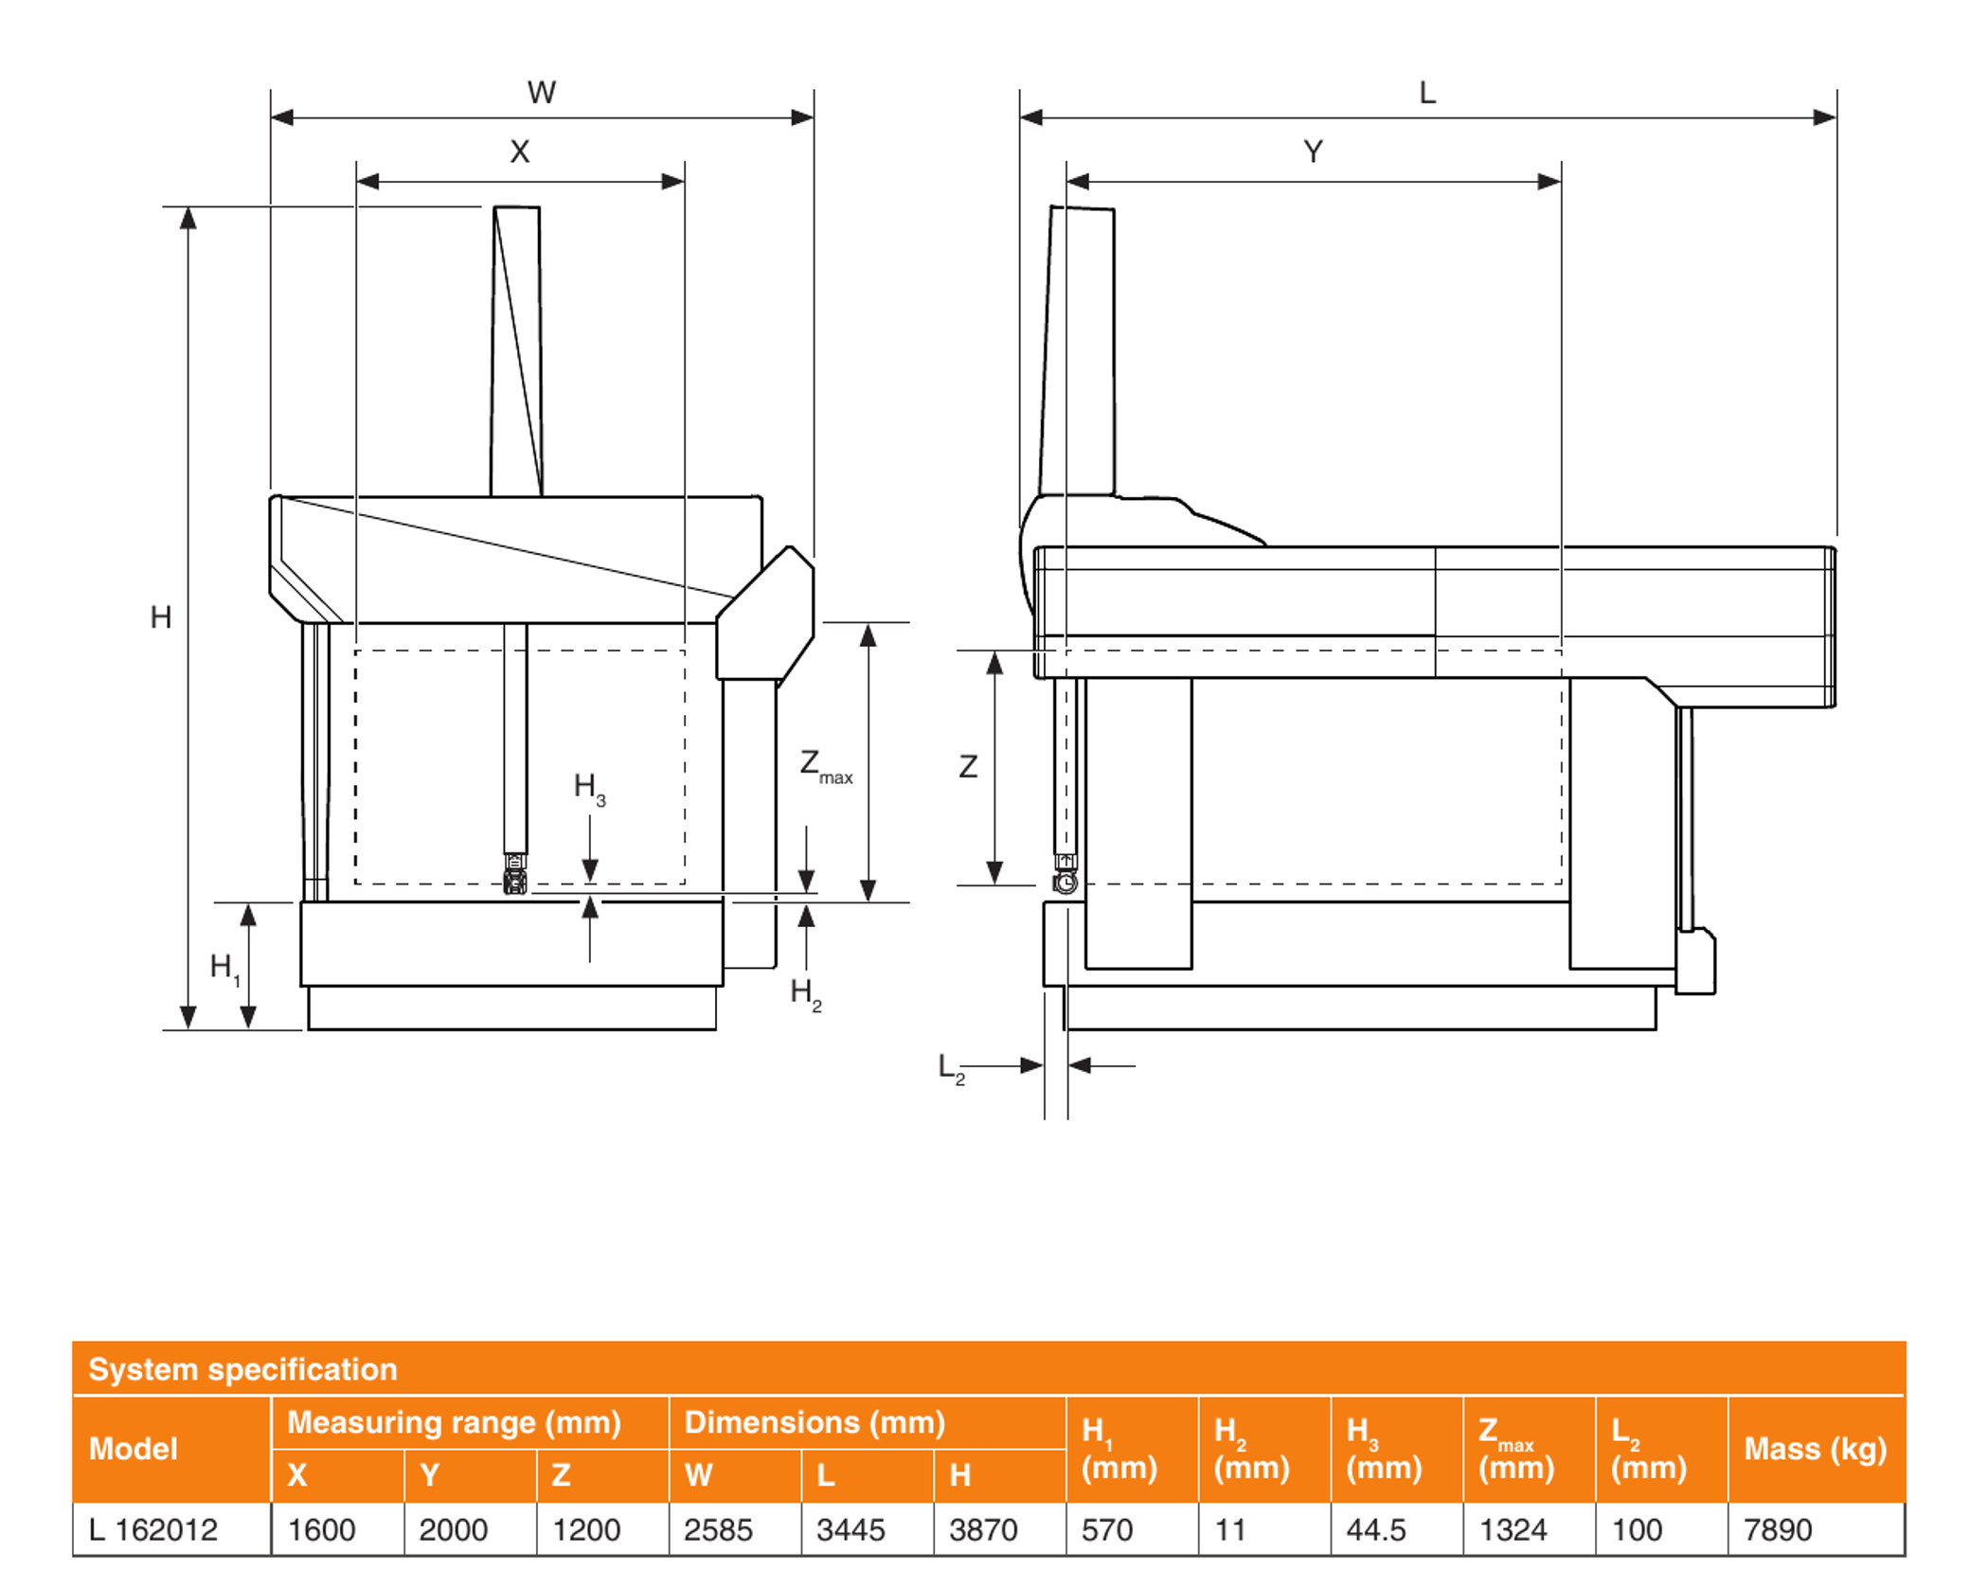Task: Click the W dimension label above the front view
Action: point(542,93)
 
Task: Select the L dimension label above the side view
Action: point(1427,93)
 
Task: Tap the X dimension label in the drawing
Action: point(520,152)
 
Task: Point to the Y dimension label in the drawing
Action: point(1313,152)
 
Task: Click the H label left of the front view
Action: point(161,617)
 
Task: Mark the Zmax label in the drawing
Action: point(826,766)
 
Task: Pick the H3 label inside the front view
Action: point(589,789)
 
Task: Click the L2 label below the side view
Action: point(951,1069)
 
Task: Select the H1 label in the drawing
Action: point(224,969)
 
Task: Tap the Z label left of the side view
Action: point(968,766)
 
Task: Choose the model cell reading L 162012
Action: point(153,1529)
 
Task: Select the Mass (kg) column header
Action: point(1816,1449)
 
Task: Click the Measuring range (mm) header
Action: point(454,1422)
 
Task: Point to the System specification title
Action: point(242,1369)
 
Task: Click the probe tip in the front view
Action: point(515,883)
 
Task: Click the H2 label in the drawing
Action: point(806,995)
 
